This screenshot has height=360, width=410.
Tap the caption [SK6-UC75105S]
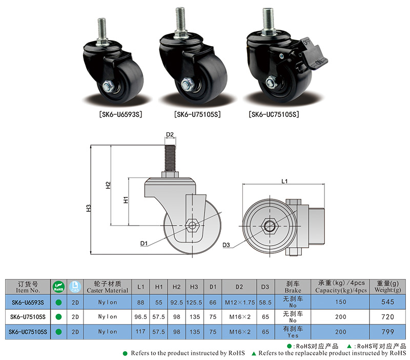pyautogui.click(x=274, y=114)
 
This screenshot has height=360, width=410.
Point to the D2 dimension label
pyautogui.click(x=171, y=134)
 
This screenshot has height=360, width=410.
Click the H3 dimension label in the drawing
pyautogui.click(x=89, y=208)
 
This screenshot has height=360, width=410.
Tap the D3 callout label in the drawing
pyautogui.click(x=228, y=245)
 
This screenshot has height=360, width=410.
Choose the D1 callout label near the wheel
pyautogui.click(x=144, y=243)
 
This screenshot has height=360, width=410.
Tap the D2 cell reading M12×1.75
pyautogui.click(x=239, y=302)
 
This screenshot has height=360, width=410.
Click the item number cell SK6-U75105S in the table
pyautogui.click(x=28, y=317)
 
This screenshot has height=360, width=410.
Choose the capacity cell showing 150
pyautogui.click(x=341, y=302)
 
